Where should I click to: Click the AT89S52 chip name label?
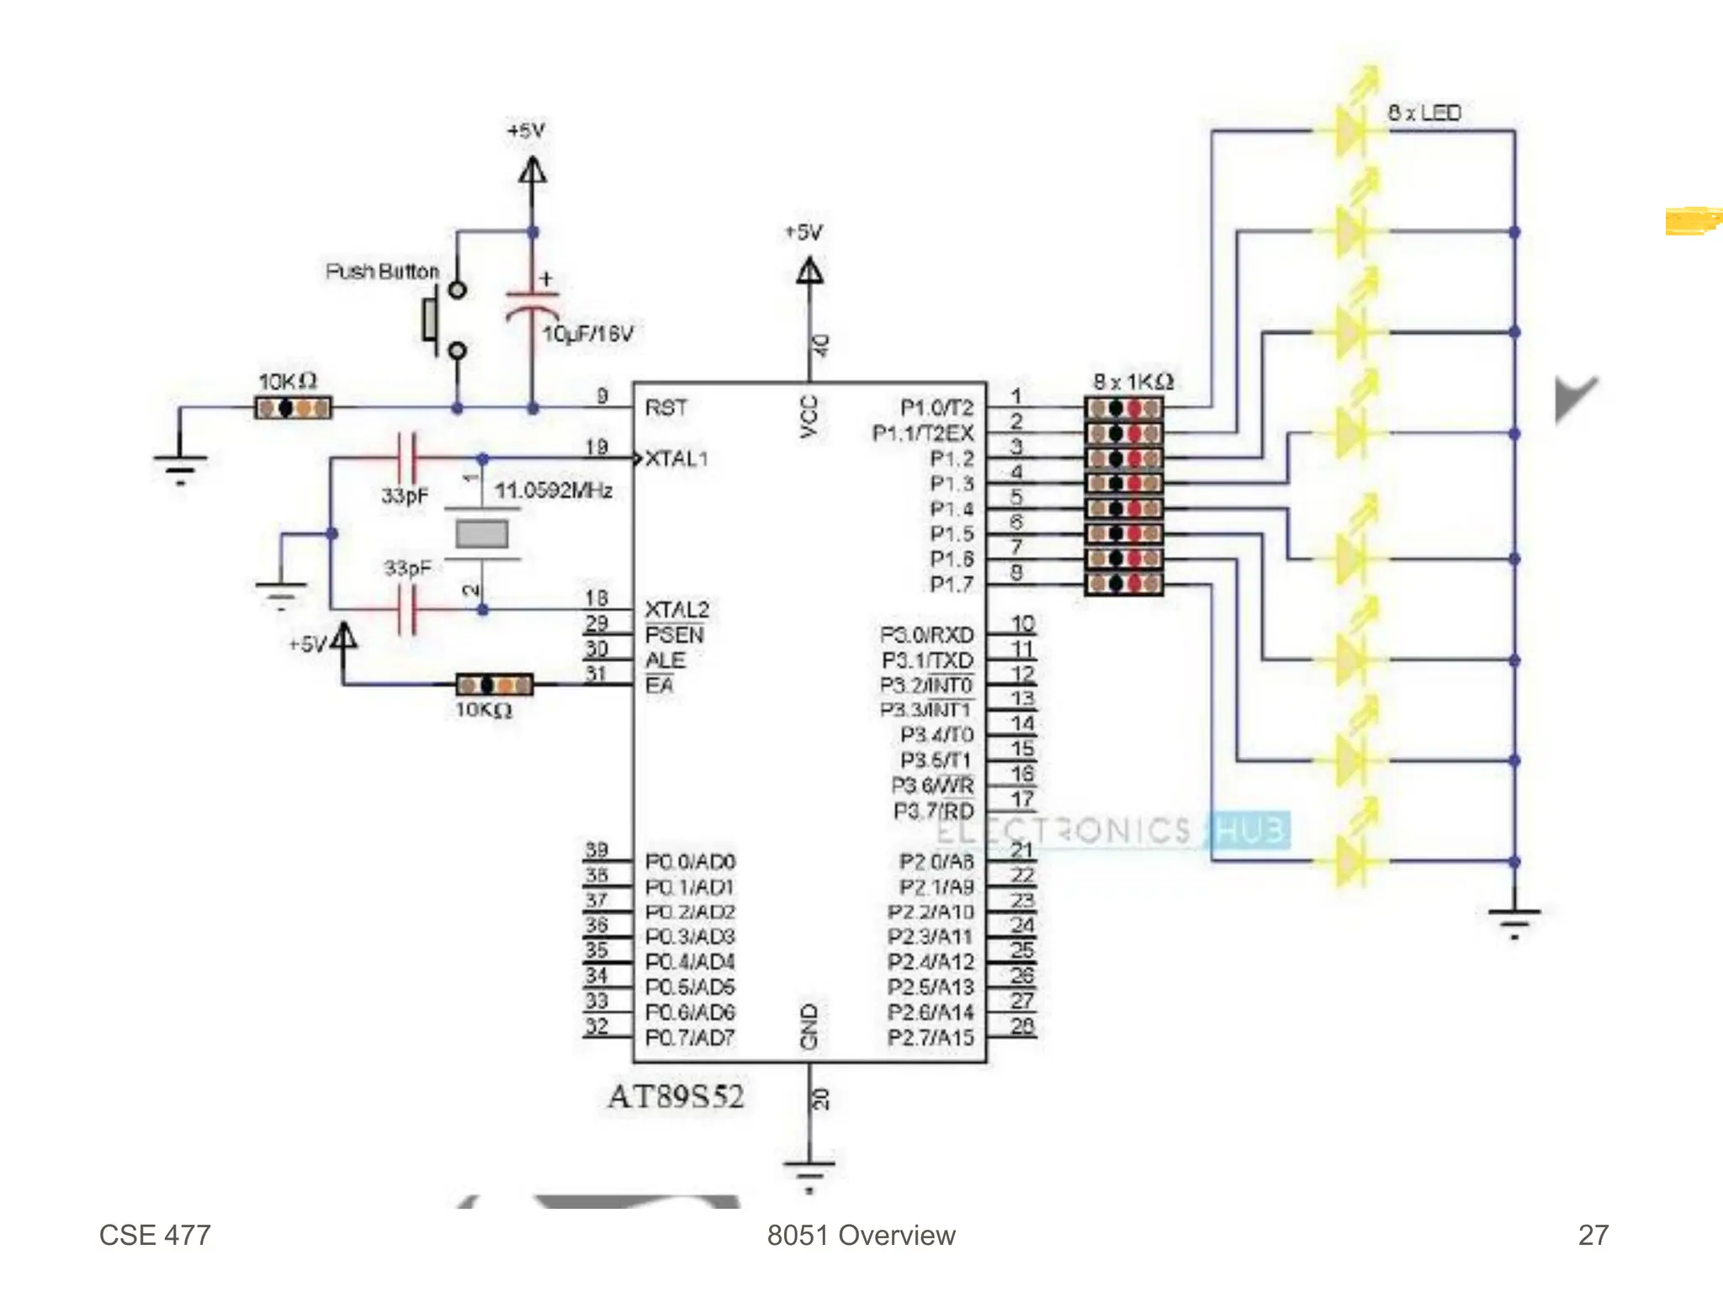[676, 1096]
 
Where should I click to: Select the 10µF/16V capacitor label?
[587, 334]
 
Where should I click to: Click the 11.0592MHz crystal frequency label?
[553, 490]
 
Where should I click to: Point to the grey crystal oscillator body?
[481, 534]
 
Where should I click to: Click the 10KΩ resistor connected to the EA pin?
[494, 685]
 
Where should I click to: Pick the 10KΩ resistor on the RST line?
[293, 409]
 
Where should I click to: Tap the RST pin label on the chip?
[665, 408]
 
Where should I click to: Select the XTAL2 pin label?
[676, 609]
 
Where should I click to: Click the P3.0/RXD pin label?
[926, 634]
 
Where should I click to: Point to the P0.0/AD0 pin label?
[690, 861]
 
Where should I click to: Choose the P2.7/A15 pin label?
[930, 1038]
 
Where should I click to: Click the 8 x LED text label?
[1423, 113]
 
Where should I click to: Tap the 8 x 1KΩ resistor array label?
[1132, 382]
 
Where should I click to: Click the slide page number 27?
[1593, 1235]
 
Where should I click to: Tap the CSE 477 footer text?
[155, 1235]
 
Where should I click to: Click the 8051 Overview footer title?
[861, 1235]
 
